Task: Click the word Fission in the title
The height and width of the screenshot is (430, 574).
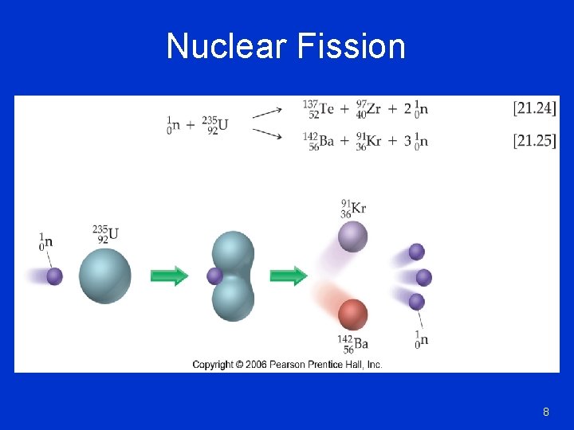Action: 351,46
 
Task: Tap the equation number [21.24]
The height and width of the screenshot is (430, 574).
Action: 535,107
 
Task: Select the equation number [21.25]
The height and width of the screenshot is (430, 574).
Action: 535,141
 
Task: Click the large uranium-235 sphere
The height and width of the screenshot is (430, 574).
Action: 105,276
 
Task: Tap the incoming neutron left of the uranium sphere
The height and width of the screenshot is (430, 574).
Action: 54,276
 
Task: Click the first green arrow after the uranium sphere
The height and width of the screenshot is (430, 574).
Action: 169,276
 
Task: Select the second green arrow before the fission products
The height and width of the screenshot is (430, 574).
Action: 289,276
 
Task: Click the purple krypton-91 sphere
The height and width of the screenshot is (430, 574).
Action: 352,236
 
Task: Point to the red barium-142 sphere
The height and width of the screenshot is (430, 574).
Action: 352,315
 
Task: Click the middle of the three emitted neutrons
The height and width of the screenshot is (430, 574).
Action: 423,277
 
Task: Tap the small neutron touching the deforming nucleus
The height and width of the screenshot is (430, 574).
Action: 214,276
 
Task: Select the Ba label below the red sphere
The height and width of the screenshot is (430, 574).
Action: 360,344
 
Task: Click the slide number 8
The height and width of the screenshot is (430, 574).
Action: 546,412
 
